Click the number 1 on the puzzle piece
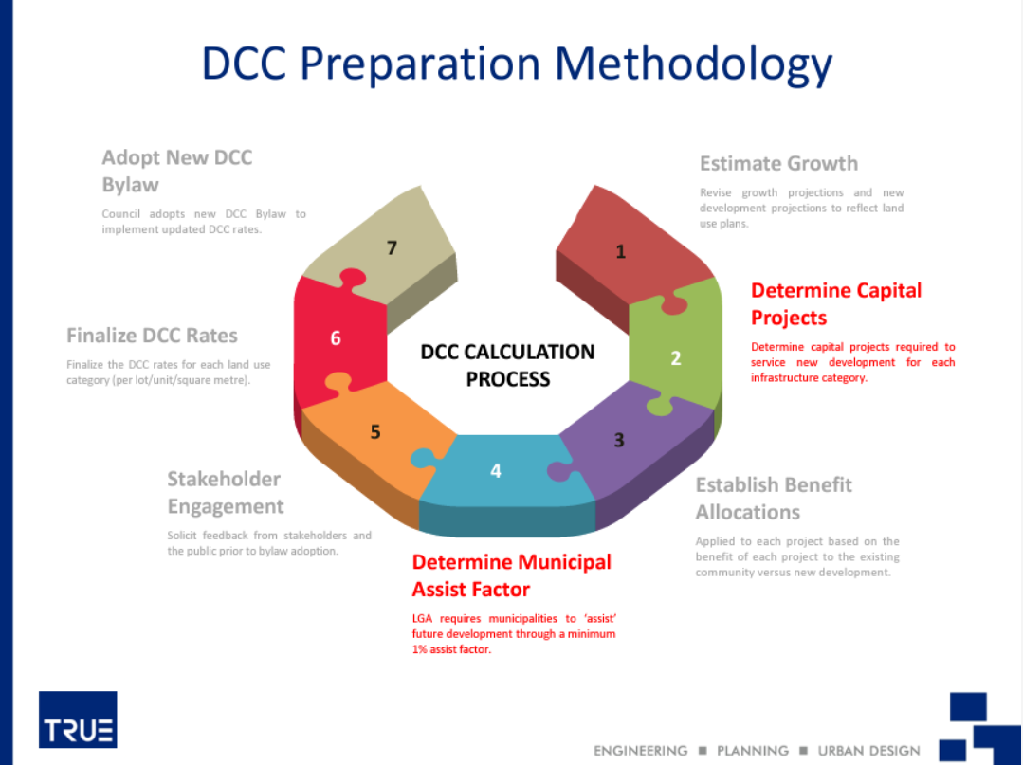point(620,251)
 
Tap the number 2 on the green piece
point(676,358)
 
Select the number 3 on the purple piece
point(619,440)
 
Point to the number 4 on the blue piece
point(496,471)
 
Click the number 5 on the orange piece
point(375,431)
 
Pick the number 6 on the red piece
point(336,337)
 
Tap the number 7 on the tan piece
point(392,247)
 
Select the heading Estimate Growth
point(778,163)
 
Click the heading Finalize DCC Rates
point(152,336)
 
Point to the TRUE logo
point(79,719)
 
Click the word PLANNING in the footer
point(752,751)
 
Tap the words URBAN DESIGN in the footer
point(869,751)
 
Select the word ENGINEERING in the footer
point(641,751)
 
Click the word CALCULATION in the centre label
point(530,353)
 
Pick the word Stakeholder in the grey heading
point(224,480)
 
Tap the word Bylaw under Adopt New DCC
point(131,185)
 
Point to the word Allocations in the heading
point(748,513)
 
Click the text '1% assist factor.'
point(451,649)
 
